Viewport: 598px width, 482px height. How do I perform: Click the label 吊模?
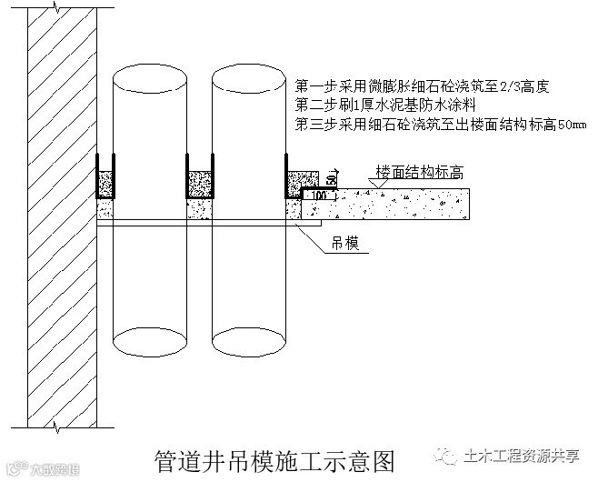click(343, 243)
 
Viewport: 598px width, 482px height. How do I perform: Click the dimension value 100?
click(319, 195)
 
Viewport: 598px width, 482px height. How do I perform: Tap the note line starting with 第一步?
click(424, 87)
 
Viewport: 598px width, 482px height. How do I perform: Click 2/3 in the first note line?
click(498, 87)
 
